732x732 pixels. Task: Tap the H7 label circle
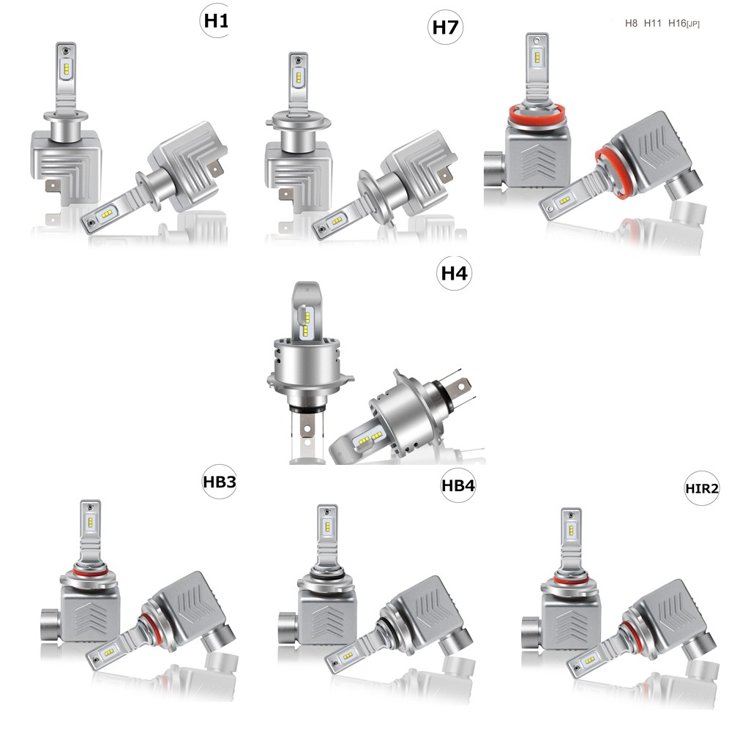pos(445,27)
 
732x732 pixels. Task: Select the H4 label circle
pos(454,272)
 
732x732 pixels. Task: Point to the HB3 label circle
pos(220,482)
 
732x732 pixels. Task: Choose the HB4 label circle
pos(458,485)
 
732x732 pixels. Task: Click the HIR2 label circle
pos(702,488)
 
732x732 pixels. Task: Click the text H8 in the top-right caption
pos(631,23)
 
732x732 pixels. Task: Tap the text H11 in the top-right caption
pos(652,23)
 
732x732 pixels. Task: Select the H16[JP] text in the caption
pos(684,23)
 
